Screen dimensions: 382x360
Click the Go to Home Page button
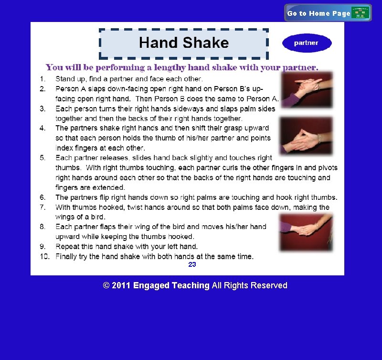click(328, 13)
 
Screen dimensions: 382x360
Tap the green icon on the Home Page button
click(361, 13)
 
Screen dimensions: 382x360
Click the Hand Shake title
click(184, 43)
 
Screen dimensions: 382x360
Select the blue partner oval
click(307, 43)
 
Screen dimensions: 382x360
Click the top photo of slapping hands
click(307, 90)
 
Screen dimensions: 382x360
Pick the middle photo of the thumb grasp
click(306, 135)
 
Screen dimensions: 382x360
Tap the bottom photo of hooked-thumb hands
click(306, 232)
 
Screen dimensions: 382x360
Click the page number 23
click(192, 264)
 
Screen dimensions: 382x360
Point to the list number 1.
click(42, 79)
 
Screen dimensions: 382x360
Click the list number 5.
click(42, 158)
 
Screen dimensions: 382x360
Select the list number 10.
click(45, 257)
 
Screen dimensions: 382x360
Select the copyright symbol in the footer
click(106, 285)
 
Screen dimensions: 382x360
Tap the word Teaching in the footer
click(191, 285)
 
